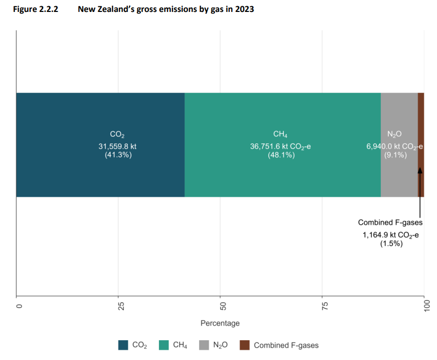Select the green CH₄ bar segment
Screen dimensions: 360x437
[282, 177]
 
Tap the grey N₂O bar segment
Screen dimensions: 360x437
[399, 177]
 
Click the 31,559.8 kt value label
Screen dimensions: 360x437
[117, 146]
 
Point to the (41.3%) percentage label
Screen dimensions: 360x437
[117, 155]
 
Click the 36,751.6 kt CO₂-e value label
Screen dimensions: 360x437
[281, 146]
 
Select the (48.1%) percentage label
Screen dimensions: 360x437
[281, 155]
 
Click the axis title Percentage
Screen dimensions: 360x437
[220, 323]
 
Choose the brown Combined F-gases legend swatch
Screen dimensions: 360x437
[244, 345]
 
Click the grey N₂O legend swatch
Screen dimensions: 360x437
[205, 345]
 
